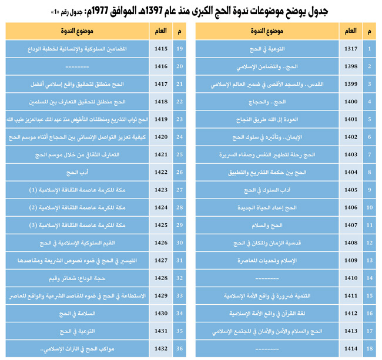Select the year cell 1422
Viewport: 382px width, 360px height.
click(159, 172)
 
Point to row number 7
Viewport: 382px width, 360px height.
click(369, 154)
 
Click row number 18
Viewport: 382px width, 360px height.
click(369, 349)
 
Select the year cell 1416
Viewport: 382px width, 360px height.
click(159, 66)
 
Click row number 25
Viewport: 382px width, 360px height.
click(180, 154)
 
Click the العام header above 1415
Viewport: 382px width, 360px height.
click(159, 30)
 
